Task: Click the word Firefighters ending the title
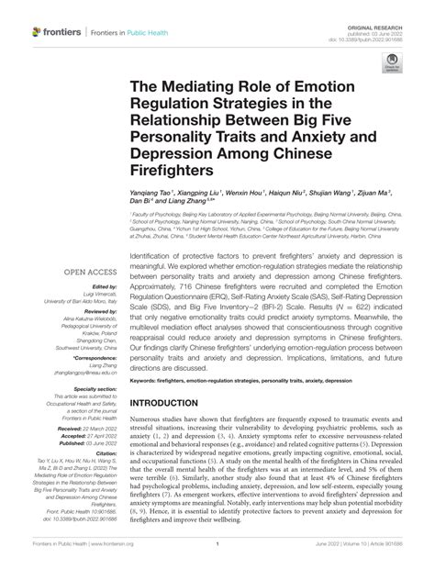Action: [173, 171]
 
